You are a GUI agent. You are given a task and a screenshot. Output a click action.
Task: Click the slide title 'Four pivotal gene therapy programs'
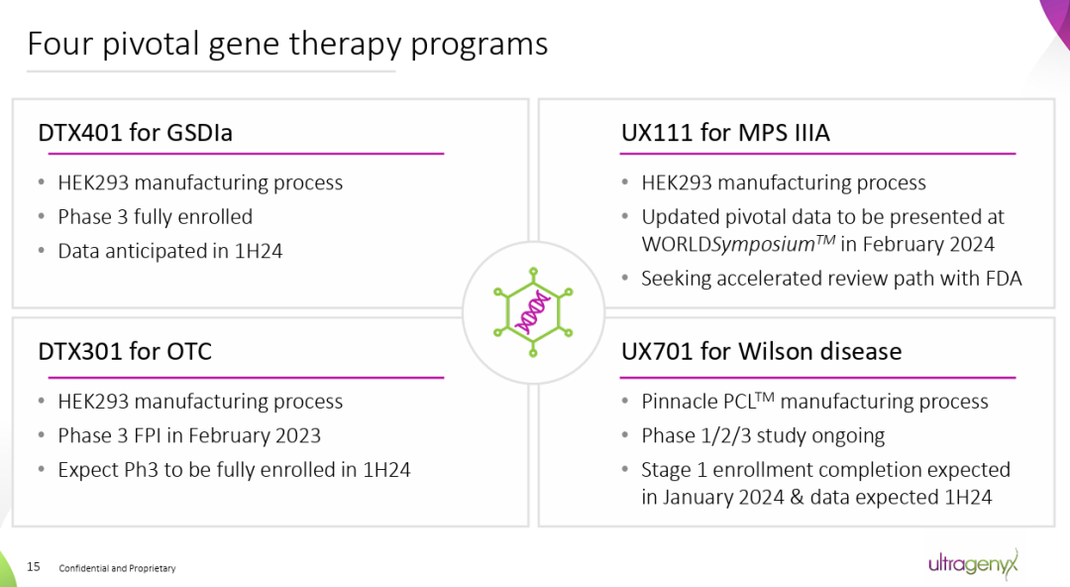tap(287, 45)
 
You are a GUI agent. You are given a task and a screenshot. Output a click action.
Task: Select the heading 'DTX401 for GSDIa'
tap(135, 132)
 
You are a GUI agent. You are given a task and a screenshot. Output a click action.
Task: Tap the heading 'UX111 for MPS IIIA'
tap(725, 132)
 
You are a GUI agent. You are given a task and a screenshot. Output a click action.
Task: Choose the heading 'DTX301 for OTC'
tap(125, 351)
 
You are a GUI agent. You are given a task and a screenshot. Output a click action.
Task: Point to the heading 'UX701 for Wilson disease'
tap(761, 351)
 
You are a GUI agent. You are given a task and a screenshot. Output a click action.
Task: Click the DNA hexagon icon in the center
tap(533, 312)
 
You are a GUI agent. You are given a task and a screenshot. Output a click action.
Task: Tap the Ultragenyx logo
tap(972, 564)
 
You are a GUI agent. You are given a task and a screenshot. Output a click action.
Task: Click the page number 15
tap(34, 567)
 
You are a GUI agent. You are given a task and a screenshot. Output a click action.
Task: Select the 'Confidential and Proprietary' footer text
tap(117, 568)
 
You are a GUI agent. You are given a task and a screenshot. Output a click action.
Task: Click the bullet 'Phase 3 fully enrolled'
tap(155, 216)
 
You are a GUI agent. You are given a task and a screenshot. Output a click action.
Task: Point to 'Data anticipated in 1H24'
tap(169, 251)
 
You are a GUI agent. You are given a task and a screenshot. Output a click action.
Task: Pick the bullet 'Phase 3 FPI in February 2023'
tap(189, 435)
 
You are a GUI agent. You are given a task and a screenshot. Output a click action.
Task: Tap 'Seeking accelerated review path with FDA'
tap(830, 279)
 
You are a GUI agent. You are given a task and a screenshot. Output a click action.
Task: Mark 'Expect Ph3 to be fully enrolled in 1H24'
tap(234, 469)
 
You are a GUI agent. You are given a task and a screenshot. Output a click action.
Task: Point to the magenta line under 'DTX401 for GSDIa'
tap(241, 154)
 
